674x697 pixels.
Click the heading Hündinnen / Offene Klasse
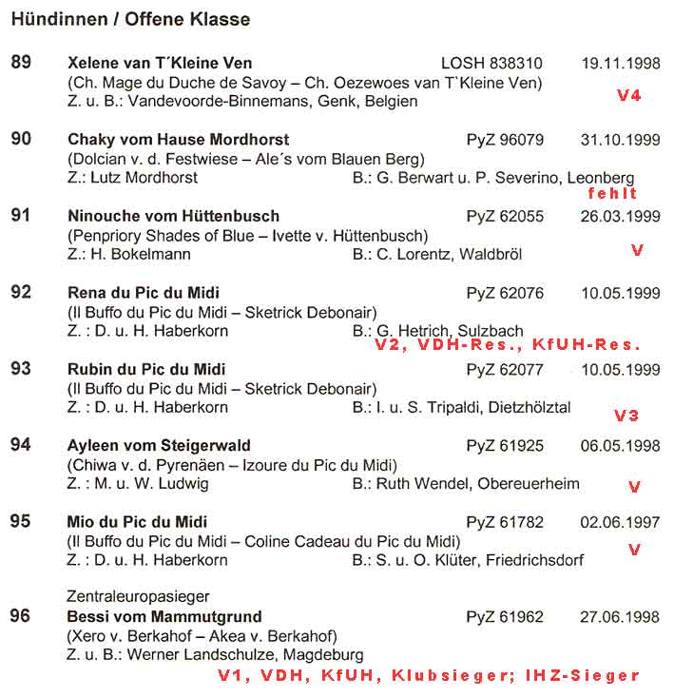(x=131, y=19)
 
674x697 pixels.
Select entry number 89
(x=21, y=63)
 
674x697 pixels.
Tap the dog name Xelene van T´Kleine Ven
(x=160, y=64)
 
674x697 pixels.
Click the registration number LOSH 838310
(x=491, y=64)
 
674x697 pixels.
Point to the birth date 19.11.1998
(x=620, y=64)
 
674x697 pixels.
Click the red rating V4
(x=629, y=96)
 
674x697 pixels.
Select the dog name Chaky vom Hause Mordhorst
(x=179, y=140)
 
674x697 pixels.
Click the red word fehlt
(x=612, y=193)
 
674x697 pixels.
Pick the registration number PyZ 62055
(x=505, y=217)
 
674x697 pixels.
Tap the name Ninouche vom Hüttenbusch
(x=173, y=217)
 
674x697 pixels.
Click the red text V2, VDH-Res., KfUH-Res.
(x=507, y=346)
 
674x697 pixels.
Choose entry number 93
(x=21, y=369)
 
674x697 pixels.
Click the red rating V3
(x=626, y=416)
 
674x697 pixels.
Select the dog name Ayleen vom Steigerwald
(x=159, y=446)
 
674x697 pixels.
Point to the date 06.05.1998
(x=620, y=446)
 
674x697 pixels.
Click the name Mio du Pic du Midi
(x=138, y=522)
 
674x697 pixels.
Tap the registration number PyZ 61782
(x=505, y=522)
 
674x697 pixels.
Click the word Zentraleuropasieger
(x=138, y=596)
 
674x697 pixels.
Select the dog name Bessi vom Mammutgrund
(x=164, y=617)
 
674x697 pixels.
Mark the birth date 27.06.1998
(x=620, y=617)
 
